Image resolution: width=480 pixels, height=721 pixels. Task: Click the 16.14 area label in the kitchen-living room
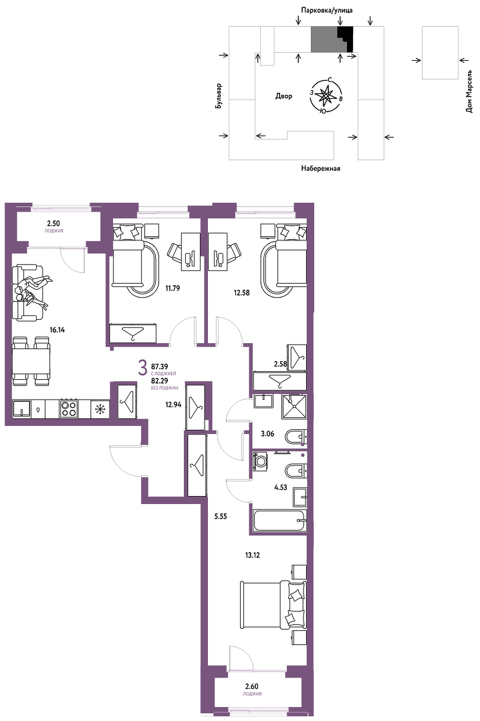(x=57, y=329)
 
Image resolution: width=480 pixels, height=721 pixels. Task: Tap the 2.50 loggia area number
(x=53, y=224)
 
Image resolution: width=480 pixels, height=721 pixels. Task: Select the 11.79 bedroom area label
(x=172, y=289)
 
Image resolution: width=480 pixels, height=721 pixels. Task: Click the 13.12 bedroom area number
(x=253, y=555)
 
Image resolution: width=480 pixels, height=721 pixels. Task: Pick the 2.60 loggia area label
(x=251, y=686)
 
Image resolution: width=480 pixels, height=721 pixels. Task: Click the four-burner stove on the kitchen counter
(x=69, y=408)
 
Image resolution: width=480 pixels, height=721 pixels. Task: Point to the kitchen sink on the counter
(x=21, y=408)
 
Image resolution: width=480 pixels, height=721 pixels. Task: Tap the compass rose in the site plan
(x=326, y=95)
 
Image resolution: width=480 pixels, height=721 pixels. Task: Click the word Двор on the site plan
(x=283, y=95)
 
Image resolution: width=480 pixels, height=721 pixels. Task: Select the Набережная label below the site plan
(x=321, y=168)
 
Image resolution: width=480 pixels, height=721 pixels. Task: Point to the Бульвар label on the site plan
(x=219, y=95)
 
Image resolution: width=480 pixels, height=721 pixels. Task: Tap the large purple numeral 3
(x=143, y=367)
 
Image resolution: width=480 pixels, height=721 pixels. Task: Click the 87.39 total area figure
(x=159, y=367)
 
